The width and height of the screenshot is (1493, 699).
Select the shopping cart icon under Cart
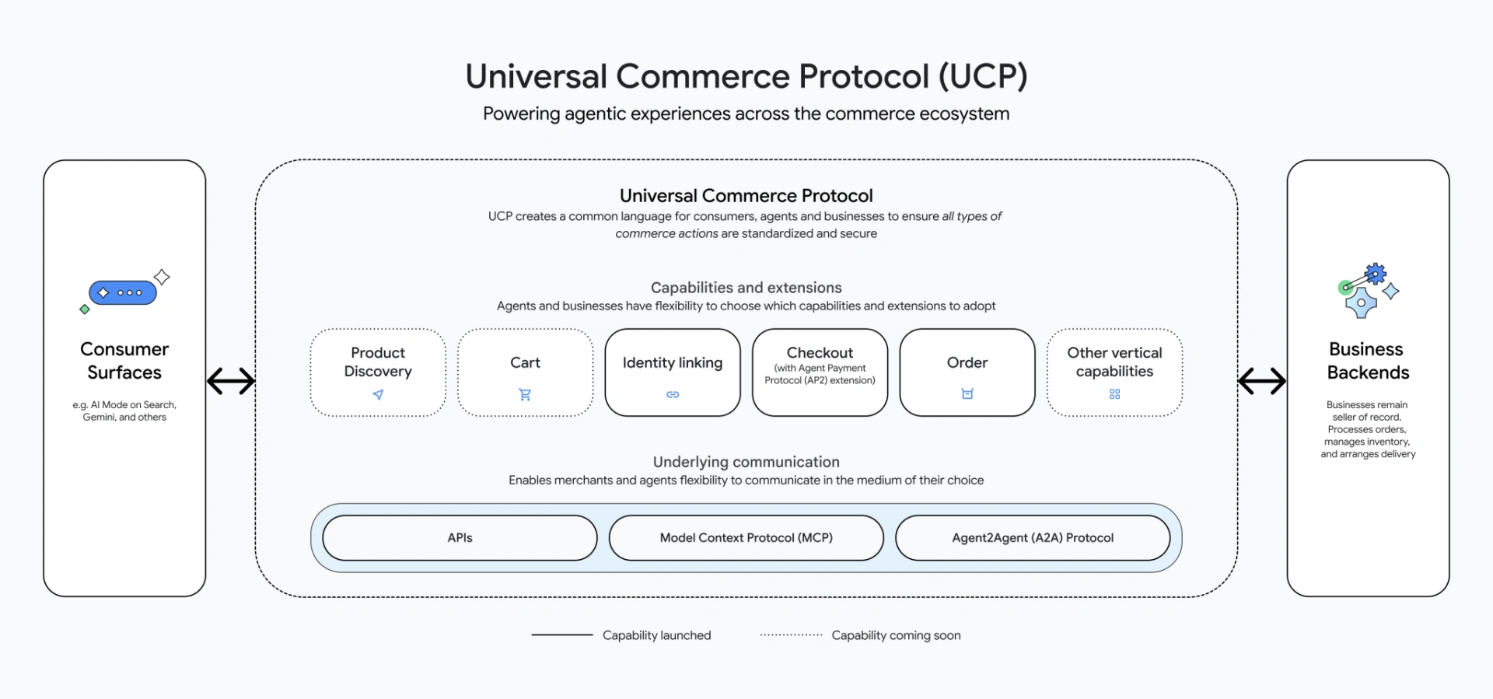pos(525,395)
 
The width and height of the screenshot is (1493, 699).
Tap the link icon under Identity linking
pos(673,395)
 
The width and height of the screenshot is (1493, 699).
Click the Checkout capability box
pos(820,372)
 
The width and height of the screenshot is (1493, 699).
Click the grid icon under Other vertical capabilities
pos(1114,394)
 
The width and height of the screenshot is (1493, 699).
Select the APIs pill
pos(460,538)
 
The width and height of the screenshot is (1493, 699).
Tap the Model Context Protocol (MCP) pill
pos(746,538)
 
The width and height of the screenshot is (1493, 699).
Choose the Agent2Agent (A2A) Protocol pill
pos(1033,538)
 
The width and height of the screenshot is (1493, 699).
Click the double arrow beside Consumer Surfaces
pos(231,381)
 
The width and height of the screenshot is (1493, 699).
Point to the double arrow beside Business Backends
pos(1261,381)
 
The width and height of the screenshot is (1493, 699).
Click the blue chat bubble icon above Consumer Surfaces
pos(123,293)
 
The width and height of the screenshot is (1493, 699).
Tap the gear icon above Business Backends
pos(1376,274)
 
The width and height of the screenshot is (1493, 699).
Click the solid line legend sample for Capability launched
pos(561,635)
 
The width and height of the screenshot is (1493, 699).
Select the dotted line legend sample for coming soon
pos(791,635)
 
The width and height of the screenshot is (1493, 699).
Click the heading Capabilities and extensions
pos(746,288)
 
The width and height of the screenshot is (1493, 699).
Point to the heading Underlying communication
pos(746,462)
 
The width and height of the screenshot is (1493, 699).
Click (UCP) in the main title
pos(983,76)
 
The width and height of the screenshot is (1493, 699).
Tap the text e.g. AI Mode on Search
pos(124,405)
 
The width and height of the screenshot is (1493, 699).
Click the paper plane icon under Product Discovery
pos(378,395)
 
